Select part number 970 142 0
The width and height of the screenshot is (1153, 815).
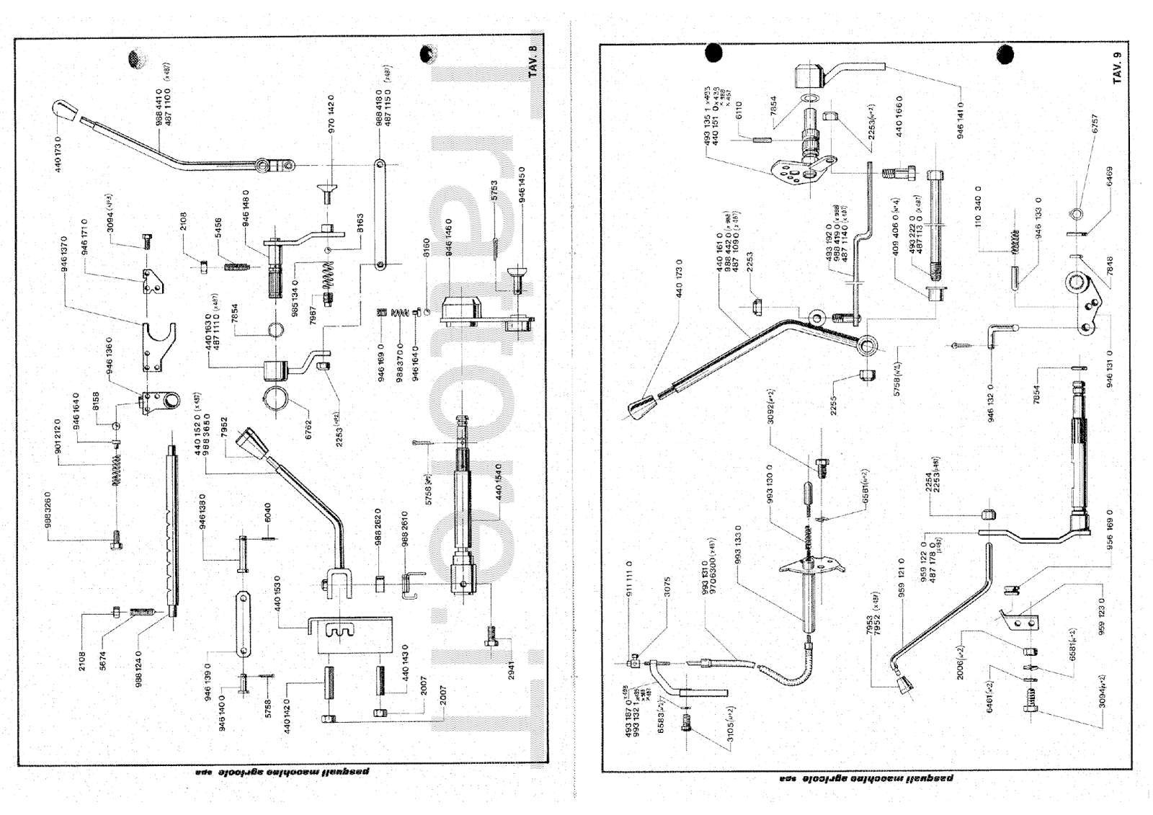pos(331,115)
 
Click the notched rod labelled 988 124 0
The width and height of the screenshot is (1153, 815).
pos(173,526)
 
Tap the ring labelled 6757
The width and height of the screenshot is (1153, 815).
pos(1074,215)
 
